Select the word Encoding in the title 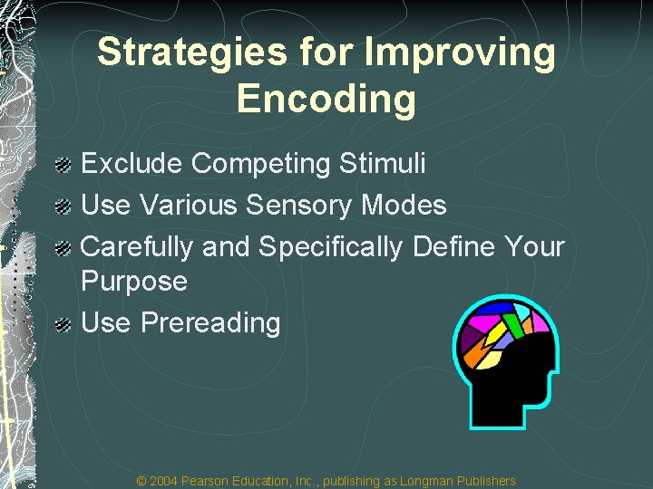point(326,99)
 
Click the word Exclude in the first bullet point(133,164)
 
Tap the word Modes point(404,205)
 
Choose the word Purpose point(134,282)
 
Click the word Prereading point(210,322)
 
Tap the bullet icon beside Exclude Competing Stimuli point(63,165)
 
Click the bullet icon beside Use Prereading point(63,323)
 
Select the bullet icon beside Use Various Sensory point(63,206)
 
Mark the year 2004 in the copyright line point(164,481)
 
